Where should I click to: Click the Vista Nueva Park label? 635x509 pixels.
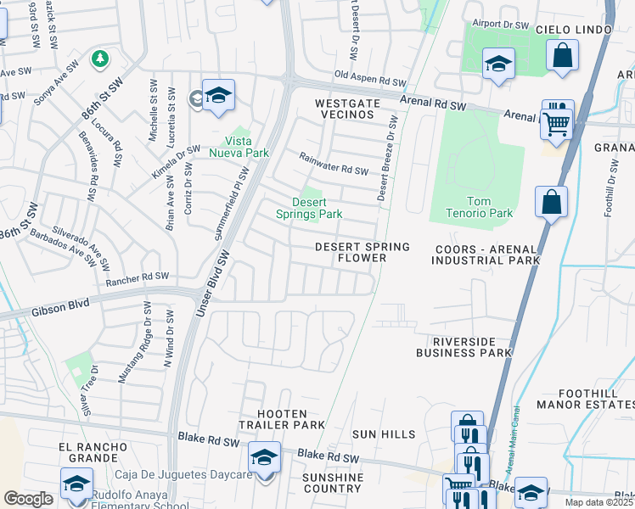coord(246,147)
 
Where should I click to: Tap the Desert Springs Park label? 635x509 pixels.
coord(308,208)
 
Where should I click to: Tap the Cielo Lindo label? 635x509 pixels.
coord(574,30)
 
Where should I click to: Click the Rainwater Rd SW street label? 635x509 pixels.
coord(334,164)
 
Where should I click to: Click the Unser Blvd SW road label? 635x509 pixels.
coord(214,285)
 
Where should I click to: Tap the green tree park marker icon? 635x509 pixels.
coord(101,59)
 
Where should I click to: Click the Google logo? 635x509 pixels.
coord(28,499)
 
